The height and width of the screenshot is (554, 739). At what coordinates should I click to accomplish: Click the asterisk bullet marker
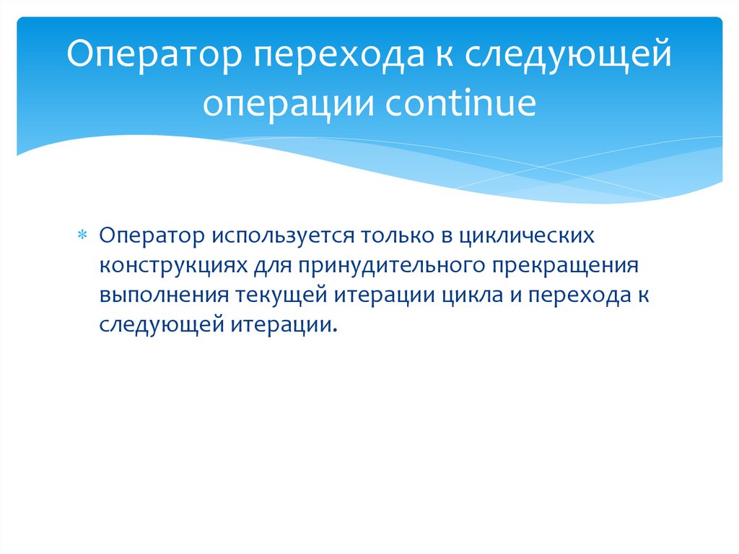click(x=82, y=236)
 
